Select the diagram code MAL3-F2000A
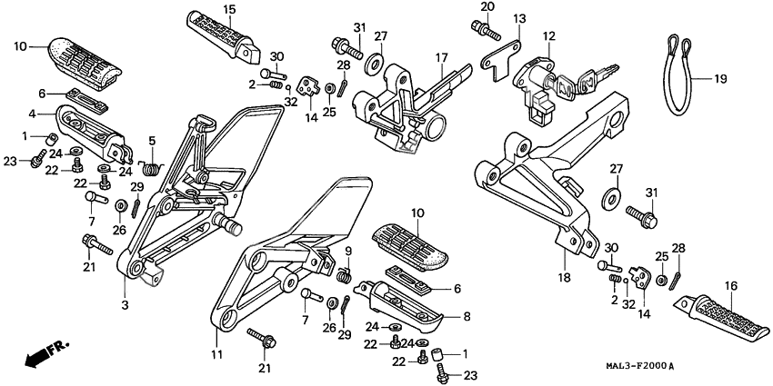(x=627, y=366)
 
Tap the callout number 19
(x=719, y=80)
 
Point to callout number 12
(x=549, y=37)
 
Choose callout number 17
(x=441, y=58)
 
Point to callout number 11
(x=216, y=353)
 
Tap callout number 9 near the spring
(x=347, y=252)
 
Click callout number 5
(x=152, y=140)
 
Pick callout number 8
(x=466, y=317)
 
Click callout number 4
(x=32, y=114)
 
